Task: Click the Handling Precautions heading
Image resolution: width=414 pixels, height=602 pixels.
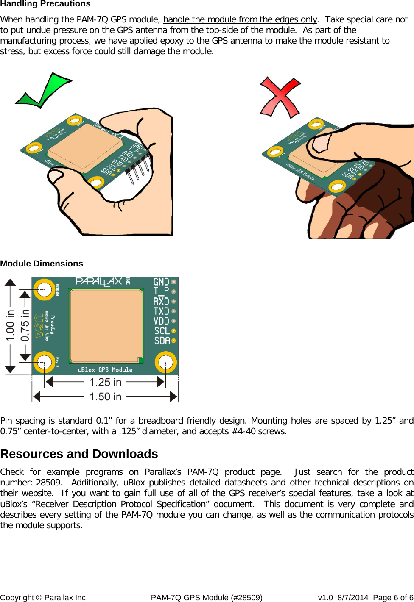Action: (x=45, y=4)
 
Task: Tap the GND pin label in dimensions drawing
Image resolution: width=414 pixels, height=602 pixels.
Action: (x=161, y=282)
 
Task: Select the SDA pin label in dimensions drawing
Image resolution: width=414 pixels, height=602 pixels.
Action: (x=162, y=341)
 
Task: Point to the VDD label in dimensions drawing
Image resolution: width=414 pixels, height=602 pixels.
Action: (x=161, y=321)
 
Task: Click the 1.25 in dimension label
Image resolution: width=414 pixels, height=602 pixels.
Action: (x=106, y=383)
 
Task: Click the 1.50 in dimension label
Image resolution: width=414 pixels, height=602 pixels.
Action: (x=106, y=397)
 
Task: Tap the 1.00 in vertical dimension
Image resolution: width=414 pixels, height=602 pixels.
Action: (x=10, y=325)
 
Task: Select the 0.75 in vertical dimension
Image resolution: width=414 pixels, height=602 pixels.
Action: (x=25, y=325)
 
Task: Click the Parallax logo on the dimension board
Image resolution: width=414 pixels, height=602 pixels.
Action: (x=99, y=282)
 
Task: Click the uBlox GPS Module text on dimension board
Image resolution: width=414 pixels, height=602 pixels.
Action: (x=105, y=370)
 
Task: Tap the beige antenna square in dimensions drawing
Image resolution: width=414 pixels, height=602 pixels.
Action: (x=106, y=325)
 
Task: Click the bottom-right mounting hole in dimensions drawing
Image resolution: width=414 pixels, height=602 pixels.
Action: (x=165, y=363)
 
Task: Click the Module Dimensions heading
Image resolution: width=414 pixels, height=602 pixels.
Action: (x=42, y=264)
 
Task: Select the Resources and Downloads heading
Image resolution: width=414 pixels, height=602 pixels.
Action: (x=79, y=454)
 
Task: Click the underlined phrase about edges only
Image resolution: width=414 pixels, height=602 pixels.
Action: (x=240, y=19)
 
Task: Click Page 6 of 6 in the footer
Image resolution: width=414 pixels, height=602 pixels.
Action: (x=393, y=598)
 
